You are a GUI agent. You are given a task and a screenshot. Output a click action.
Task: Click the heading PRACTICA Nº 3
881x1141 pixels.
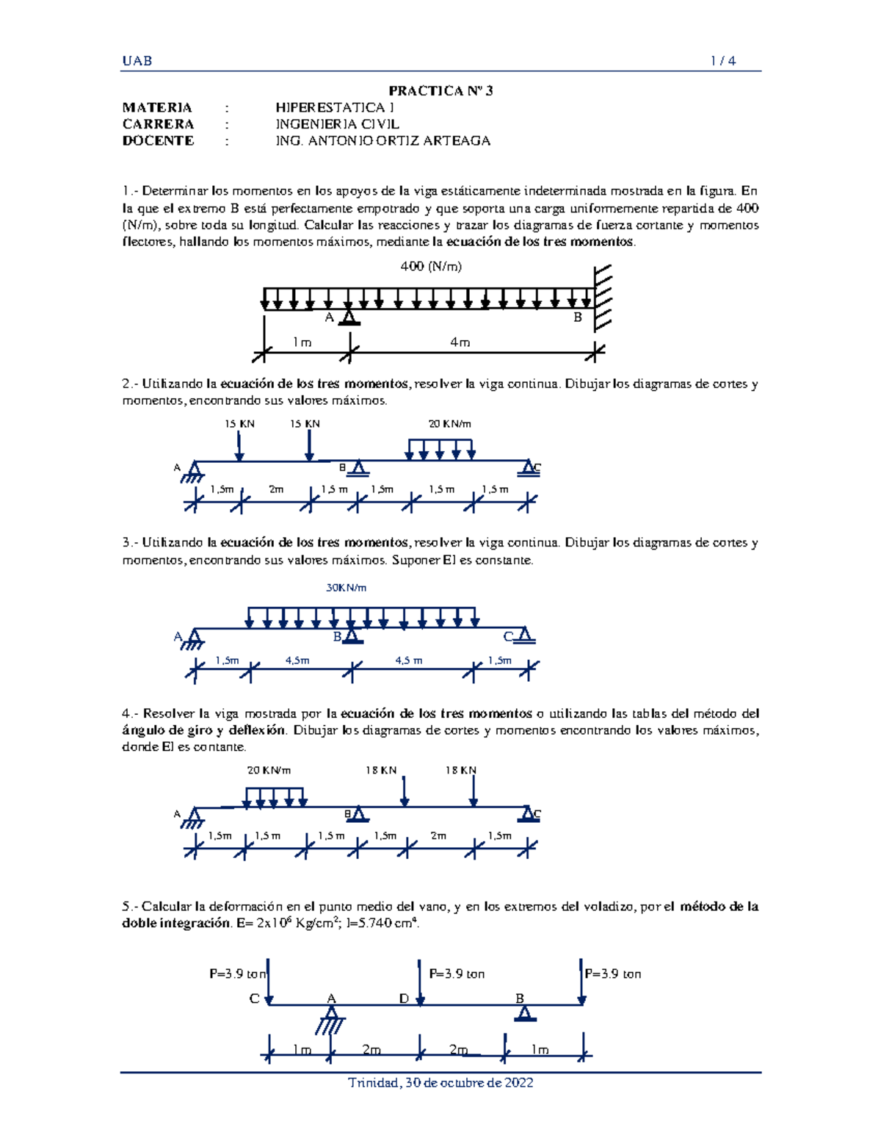pyautogui.click(x=440, y=90)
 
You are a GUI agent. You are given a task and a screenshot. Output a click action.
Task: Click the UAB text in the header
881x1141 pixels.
pyautogui.click(x=137, y=61)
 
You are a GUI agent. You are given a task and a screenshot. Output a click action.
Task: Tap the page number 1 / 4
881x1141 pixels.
pyautogui.click(x=723, y=61)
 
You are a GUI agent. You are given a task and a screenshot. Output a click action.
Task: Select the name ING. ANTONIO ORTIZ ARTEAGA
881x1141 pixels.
pyautogui.click(x=383, y=140)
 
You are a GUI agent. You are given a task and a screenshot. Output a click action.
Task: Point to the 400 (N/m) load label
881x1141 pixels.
pyautogui.click(x=431, y=267)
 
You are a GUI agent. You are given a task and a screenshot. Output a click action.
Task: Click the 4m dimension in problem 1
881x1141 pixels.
pyautogui.click(x=460, y=342)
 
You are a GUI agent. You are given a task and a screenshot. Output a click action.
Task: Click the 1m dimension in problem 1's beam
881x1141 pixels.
pyautogui.click(x=302, y=342)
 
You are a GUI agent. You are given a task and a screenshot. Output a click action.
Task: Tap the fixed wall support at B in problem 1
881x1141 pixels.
pyautogui.click(x=602, y=298)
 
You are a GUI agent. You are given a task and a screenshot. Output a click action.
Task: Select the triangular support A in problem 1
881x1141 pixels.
pyautogui.click(x=349, y=317)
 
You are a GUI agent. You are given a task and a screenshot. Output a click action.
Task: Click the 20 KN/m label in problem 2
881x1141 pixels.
pyautogui.click(x=449, y=424)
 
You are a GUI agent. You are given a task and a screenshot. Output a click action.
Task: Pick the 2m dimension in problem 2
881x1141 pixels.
pyautogui.click(x=276, y=489)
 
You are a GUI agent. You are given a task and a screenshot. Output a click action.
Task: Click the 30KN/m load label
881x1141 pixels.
pyautogui.click(x=347, y=588)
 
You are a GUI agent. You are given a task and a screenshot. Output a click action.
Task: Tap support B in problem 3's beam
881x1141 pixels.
pyautogui.click(x=352, y=636)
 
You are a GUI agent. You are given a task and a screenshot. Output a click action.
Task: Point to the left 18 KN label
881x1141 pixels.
pyautogui.click(x=381, y=771)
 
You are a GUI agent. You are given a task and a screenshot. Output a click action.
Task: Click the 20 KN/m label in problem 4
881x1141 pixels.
pyautogui.click(x=269, y=771)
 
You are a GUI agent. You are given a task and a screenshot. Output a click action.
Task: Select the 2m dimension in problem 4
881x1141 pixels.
pyautogui.click(x=438, y=836)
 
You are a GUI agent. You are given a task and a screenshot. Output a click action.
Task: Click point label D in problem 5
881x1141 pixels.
pyautogui.click(x=404, y=998)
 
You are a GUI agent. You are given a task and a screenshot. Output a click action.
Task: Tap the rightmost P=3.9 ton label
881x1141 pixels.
pyautogui.click(x=613, y=974)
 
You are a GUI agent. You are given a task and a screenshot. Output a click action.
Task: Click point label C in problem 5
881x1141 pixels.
pyautogui.click(x=254, y=998)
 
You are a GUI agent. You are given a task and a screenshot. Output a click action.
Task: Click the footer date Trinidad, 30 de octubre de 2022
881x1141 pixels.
pyautogui.click(x=440, y=1083)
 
